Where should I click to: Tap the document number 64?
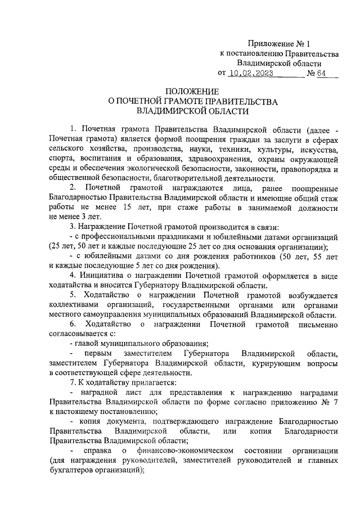pos(322,73)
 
